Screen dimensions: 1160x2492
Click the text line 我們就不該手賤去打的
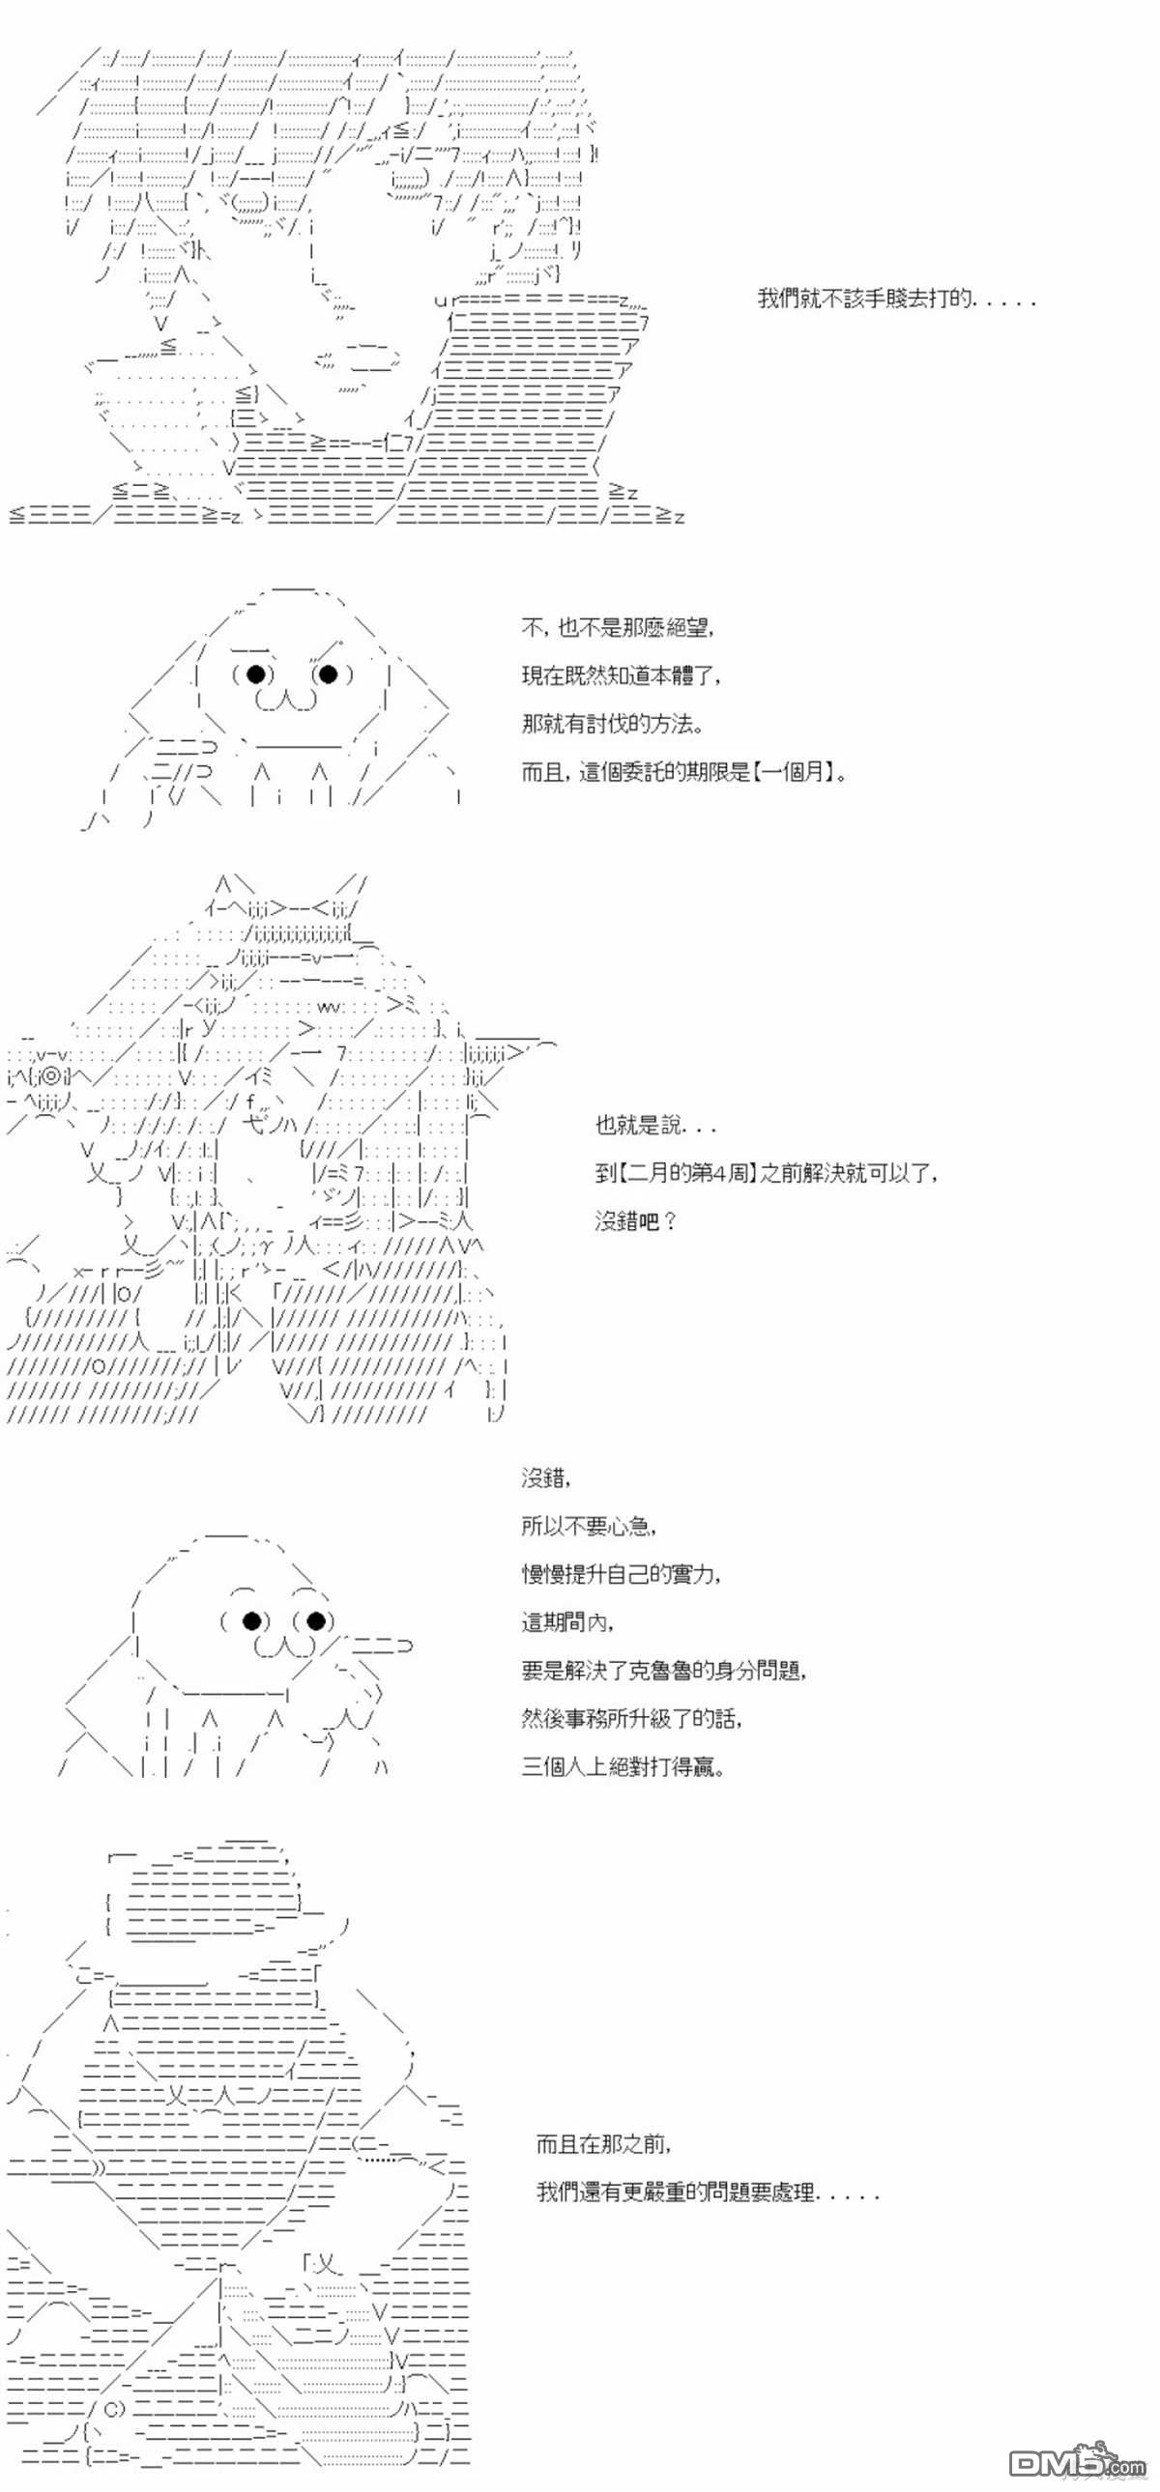pyautogui.click(x=895, y=298)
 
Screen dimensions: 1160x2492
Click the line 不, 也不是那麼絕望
pyautogui.click(x=618, y=628)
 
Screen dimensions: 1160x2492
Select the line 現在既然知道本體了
pyautogui.click(x=621, y=676)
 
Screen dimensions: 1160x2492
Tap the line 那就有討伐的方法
pyautogui.click(x=613, y=724)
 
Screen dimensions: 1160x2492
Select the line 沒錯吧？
pyautogui.click(x=636, y=1221)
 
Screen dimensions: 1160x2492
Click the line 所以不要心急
pyautogui.click(x=590, y=1526)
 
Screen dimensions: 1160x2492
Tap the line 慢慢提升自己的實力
pyautogui.click(x=622, y=1574)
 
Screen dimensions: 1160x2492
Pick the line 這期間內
pyautogui.click(x=567, y=1622)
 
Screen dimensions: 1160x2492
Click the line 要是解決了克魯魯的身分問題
pyautogui.click(x=664, y=1671)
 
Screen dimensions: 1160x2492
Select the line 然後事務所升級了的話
pyautogui.click(x=633, y=1719)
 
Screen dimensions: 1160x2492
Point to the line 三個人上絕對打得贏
pyautogui.click(x=623, y=1767)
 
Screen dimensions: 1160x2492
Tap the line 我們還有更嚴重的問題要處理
pyautogui.click(x=709, y=2192)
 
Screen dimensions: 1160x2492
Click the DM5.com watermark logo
pyautogui.click(x=1076, y=2461)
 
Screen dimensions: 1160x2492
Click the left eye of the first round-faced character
pyautogui.click(x=255, y=673)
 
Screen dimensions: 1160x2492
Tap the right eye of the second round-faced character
pyautogui.click(x=315, y=1620)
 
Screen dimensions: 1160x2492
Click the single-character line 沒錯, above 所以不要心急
pyautogui.click(x=546, y=1477)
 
